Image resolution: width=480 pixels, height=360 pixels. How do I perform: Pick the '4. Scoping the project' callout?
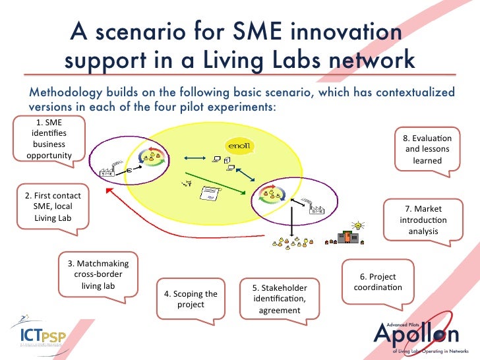(191, 299)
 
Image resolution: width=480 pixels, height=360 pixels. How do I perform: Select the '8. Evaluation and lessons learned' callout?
(427, 149)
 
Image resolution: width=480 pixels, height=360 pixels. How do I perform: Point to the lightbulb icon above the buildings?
(359, 225)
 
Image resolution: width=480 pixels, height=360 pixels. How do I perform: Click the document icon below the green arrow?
(210, 196)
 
